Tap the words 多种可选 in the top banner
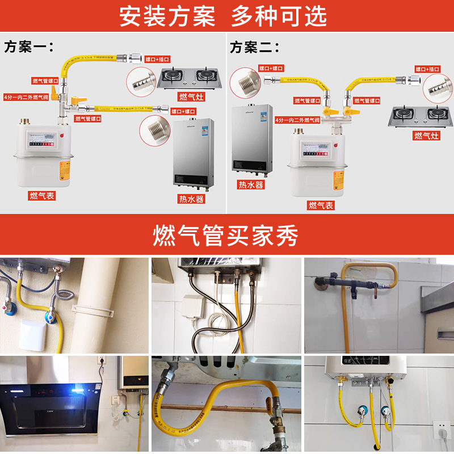pyautogui.click(x=279, y=16)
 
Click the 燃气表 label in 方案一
pyautogui.click(x=43, y=196)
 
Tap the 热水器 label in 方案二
pyautogui.click(x=250, y=185)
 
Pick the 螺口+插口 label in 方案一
pyautogui.click(x=157, y=59)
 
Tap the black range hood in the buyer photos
pyautogui.click(x=51, y=405)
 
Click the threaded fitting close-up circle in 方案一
pyautogui.click(x=154, y=131)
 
